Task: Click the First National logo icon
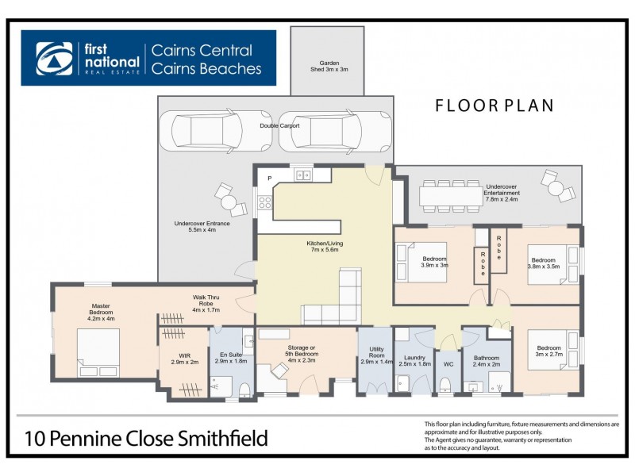54,58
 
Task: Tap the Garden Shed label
329,66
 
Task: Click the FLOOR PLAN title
494,106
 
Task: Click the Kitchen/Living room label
325,246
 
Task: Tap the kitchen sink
302,175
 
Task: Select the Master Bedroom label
102,309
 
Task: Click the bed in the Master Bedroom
98,351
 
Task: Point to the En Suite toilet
244,388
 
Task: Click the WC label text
448,363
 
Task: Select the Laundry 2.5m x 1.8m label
413,360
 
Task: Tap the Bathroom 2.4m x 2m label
487,361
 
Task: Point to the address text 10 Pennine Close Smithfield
146,437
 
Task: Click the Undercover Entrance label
202,226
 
